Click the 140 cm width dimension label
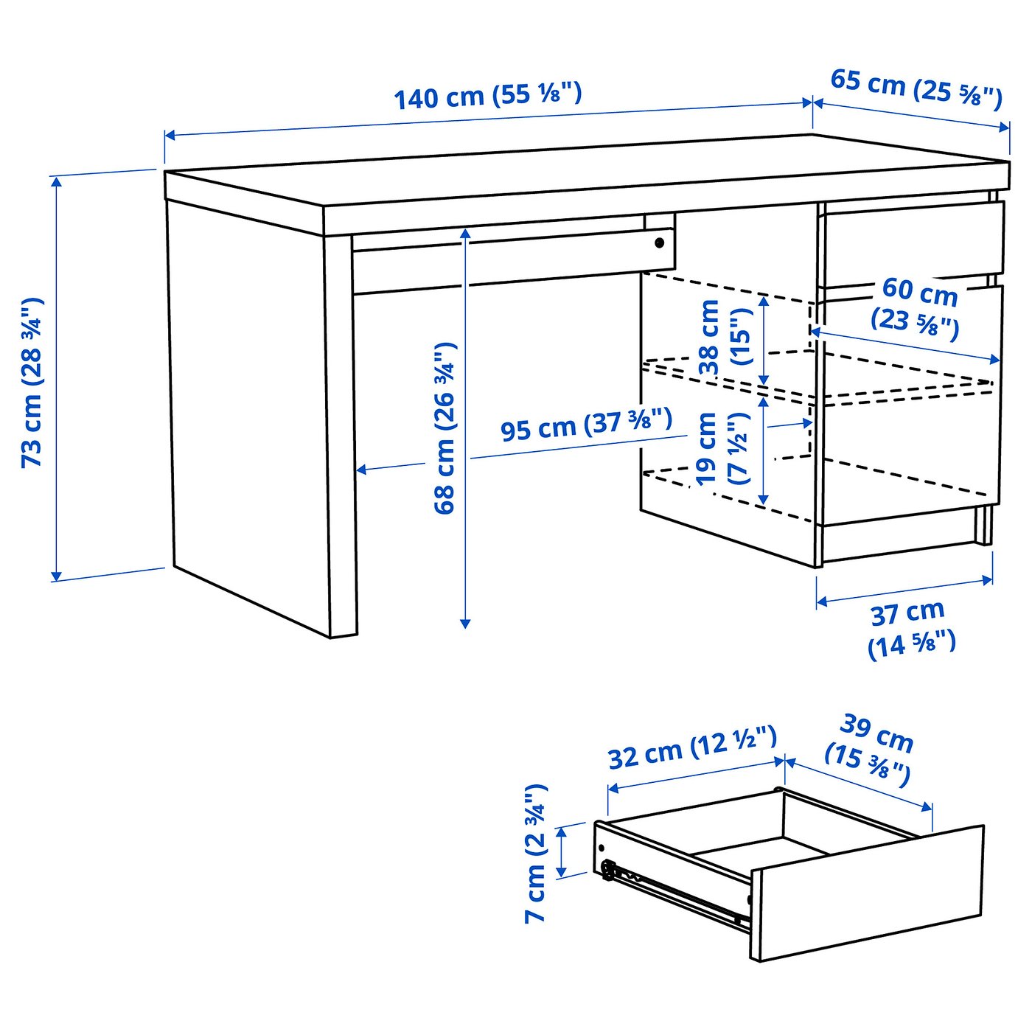pos(487,96)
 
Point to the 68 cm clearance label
pos(445,428)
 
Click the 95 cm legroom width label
pos(586,425)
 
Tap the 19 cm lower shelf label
pos(722,448)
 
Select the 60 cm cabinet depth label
pos(918,307)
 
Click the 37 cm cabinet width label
pos(910,628)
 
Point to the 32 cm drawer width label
pos(691,747)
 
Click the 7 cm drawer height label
pos(536,854)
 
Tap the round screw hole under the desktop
pos(659,243)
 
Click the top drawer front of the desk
pos(913,240)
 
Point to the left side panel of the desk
pos(247,413)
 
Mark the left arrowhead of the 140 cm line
pos(169,135)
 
